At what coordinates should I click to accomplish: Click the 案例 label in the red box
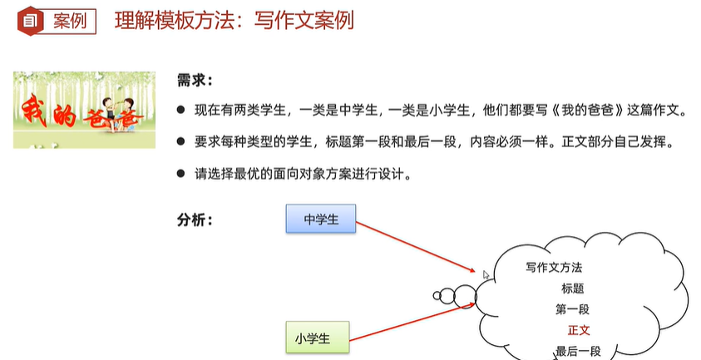[69, 21]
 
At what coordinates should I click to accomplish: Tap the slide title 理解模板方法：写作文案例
[234, 20]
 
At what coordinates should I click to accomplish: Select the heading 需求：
[195, 81]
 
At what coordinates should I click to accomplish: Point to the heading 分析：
[195, 220]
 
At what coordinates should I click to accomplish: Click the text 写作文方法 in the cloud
[554, 268]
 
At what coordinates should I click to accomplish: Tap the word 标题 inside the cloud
[572, 288]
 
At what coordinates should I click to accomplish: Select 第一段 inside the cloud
[572, 309]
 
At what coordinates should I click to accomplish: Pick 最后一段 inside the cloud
[578, 350]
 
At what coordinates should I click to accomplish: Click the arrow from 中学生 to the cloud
[420, 244]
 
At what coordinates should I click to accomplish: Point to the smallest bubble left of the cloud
[437, 295]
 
